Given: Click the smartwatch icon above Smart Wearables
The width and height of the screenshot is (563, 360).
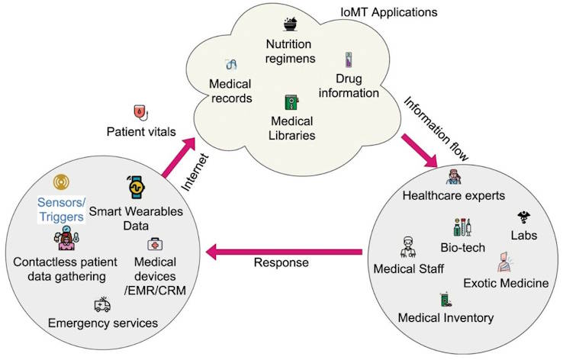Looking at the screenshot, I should tap(138, 186).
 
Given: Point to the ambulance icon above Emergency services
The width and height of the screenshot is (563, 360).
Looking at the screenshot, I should tap(101, 305).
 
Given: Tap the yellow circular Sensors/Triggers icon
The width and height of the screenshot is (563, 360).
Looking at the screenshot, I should tap(62, 183).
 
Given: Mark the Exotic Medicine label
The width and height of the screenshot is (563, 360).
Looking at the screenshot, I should tap(506, 284).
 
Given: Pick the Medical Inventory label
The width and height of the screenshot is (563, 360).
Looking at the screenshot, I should tap(446, 317).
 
